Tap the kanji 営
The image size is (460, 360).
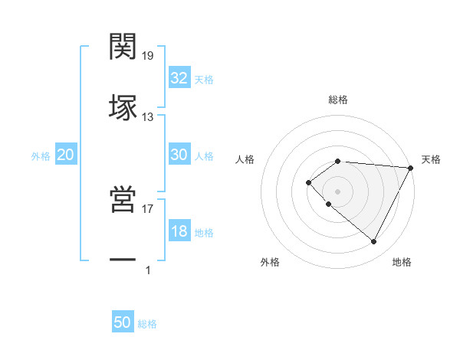point(123,200)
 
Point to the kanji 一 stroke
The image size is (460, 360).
point(123,260)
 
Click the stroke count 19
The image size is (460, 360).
point(148,56)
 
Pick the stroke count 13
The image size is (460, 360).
point(148,116)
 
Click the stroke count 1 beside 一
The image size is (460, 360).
point(148,270)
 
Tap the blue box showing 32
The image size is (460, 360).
point(179,78)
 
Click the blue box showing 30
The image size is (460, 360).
point(179,155)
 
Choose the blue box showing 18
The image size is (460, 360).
point(179,231)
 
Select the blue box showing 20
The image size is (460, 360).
point(66,155)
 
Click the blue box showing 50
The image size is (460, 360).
point(123,322)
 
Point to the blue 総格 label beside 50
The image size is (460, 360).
point(147,324)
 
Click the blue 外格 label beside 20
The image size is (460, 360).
point(41,156)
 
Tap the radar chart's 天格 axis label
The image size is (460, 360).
point(431,159)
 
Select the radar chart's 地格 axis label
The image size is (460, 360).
point(402,262)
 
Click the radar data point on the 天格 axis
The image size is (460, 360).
point(410,167)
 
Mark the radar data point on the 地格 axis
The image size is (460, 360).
point(373,242)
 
